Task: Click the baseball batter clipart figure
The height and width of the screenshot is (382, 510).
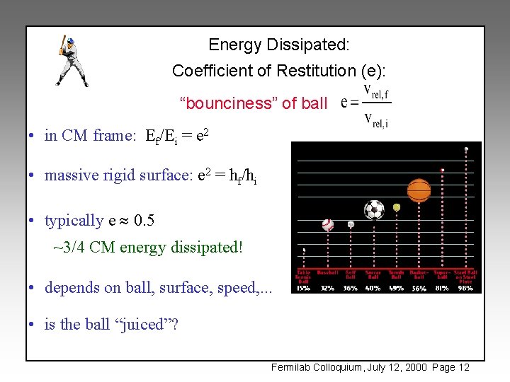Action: (x=71, y=62)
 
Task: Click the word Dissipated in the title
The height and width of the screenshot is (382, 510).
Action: (x=307, y=45)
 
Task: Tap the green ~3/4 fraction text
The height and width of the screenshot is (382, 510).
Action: (x=69, y=248)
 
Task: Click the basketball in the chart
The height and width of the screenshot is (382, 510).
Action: (x=419, y=190)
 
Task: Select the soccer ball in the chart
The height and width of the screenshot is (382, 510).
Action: (x=374, y=209)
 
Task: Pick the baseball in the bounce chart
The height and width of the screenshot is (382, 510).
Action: (x=327, y=225)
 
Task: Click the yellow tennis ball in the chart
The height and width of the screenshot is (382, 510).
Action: (x=397, y=207)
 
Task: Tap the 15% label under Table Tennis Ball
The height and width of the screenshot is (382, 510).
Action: (x=303, y=288)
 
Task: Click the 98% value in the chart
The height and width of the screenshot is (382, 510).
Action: (x=465, y=288)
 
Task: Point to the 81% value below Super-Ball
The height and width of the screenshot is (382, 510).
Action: (x=443, y=288)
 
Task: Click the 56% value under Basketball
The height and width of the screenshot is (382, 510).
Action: (x=419, y=288)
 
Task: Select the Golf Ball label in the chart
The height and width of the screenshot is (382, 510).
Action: (x=351, y=274)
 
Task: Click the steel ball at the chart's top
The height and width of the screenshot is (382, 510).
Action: (x=466, y=149)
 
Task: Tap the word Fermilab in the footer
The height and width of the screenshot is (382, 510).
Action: (x=292, y=367)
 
